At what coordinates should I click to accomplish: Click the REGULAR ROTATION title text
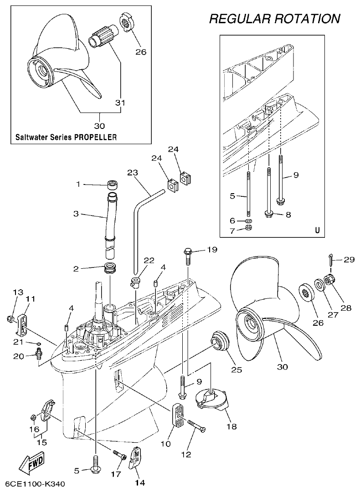coord(274,19)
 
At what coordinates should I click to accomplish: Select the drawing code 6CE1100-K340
coord(32,483)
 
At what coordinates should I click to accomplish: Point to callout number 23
coord(132,173)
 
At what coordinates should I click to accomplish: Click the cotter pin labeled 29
coord(330,260)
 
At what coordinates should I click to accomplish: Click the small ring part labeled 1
coord(112,185)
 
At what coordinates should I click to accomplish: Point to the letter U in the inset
coord(317,230)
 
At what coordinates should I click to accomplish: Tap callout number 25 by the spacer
coord(236,369)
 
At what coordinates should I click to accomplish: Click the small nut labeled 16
coord(33,417)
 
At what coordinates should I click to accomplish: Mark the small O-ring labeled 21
coord(39,343)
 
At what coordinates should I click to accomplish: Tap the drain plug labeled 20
coord(39,353)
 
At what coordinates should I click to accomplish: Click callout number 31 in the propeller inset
coord(120,103)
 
